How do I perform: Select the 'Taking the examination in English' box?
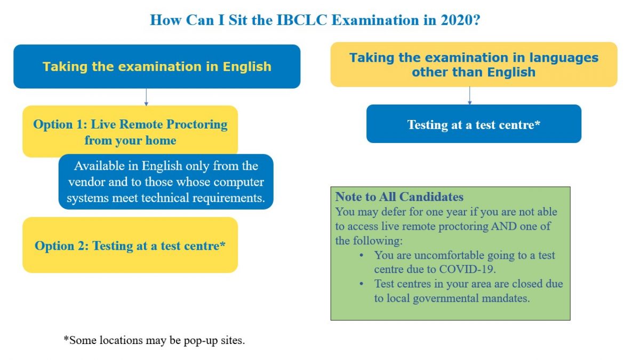157,67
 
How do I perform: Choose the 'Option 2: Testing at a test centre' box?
130,245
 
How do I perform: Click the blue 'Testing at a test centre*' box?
474,124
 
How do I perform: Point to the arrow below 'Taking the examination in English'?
146,97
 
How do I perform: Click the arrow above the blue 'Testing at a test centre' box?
469,95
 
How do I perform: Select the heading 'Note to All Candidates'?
399,197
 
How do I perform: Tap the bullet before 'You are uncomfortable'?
362,255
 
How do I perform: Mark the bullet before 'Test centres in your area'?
362,284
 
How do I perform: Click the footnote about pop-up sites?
154,340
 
